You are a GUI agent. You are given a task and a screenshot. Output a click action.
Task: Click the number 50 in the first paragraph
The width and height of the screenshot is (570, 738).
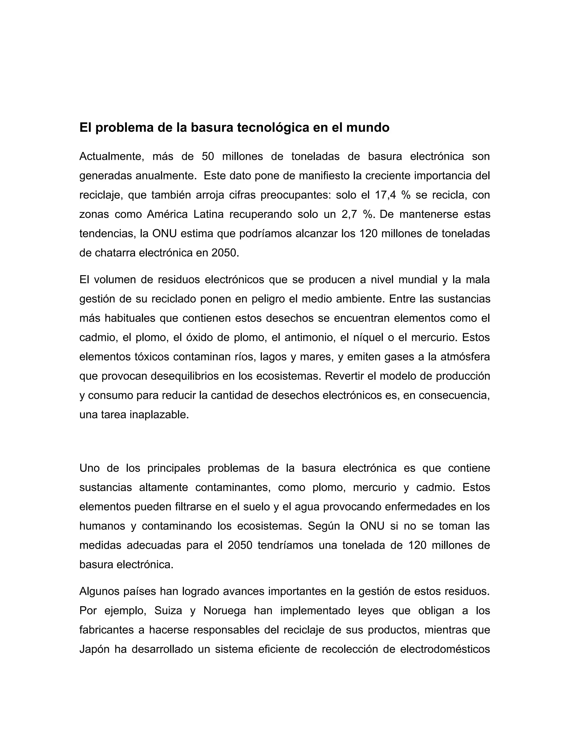pyautogui.click(x=208, y=157)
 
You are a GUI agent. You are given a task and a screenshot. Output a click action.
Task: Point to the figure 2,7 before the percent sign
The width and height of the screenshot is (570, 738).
pyautogui.click(x=347, y=214)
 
